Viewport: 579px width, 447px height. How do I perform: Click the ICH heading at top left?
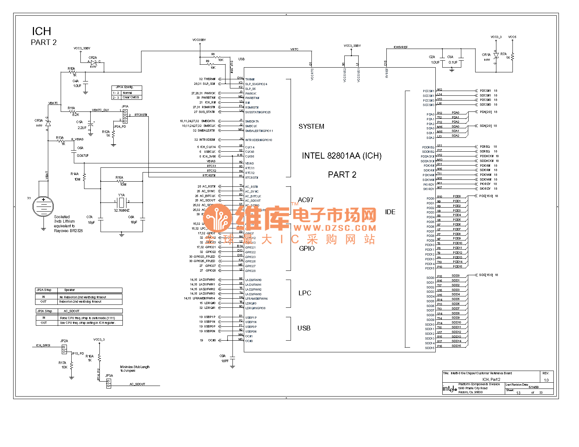click(41, 31)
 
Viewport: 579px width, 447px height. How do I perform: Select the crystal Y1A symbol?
click(122, 201)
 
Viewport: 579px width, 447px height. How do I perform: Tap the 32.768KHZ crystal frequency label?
click(122, 211)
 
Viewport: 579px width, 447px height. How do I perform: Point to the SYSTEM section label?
click(311, 126)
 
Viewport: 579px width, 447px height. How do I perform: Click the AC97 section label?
click(305, 200)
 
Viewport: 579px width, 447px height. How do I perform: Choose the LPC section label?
click(304, 293)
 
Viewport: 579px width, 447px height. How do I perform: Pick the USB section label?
click(304, 328)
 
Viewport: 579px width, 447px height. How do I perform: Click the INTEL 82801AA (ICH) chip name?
click(341, 156)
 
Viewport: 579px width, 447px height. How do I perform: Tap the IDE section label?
click(390, 212)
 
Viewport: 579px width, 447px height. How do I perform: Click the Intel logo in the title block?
click(450, 389)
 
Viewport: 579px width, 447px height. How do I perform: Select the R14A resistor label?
click(75, 174)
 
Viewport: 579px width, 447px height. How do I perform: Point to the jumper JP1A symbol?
click(125, 116)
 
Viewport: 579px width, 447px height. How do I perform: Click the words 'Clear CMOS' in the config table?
click(130, 98)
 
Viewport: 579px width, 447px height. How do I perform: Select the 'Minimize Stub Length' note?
click(135, 368)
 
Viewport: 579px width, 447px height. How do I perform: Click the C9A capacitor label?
click(222, 356)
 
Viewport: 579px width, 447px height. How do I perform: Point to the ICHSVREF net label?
click(400, 48)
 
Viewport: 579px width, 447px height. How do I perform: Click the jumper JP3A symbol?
click(109, 383)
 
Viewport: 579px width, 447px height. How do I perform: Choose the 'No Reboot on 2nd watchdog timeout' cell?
click(83, 297)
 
